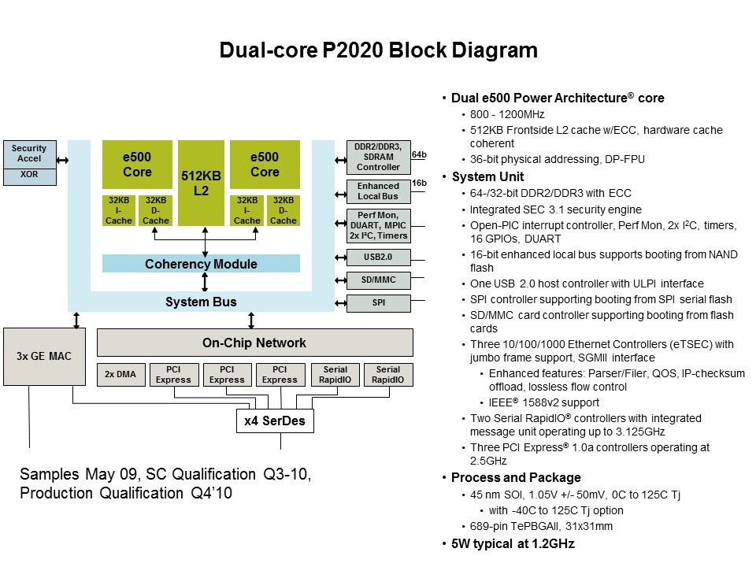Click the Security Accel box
pyautogui.click(x=30, y=154)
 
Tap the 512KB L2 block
pyautogui.click(x=201, y=183)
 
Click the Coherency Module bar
pyautogui.click(x=201, y=264)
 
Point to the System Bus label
pyautogui.click(x=201, y=302)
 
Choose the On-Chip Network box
pyautogui.click(x=254, y=343)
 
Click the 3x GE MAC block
pyautogui.click(x=43, y=356)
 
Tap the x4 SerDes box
pyautogui.click(x=274, y=421)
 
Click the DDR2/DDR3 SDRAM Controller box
pyautogui.click(x=378, y=157)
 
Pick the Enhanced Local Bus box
pyautogui.click(x=378, y=191)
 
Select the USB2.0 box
pyautogui.click(x=378, y=256)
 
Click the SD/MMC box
pyautogui.click(x=378, y=280)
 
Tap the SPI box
pyautogui.click(x=378, y=302)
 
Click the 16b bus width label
pyautogui.click(x=419, y=183)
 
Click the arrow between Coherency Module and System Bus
pyautogui.click(x=206, y=282)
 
